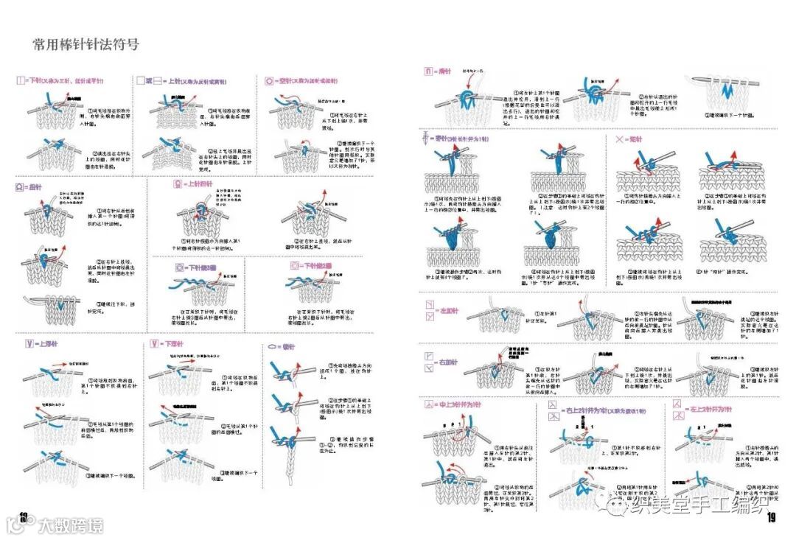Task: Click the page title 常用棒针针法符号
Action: [86, 45]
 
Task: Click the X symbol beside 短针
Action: [618, 139]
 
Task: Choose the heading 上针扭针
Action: [198, 184]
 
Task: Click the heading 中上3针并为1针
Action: [461, 406]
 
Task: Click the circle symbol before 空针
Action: [270, 80]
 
